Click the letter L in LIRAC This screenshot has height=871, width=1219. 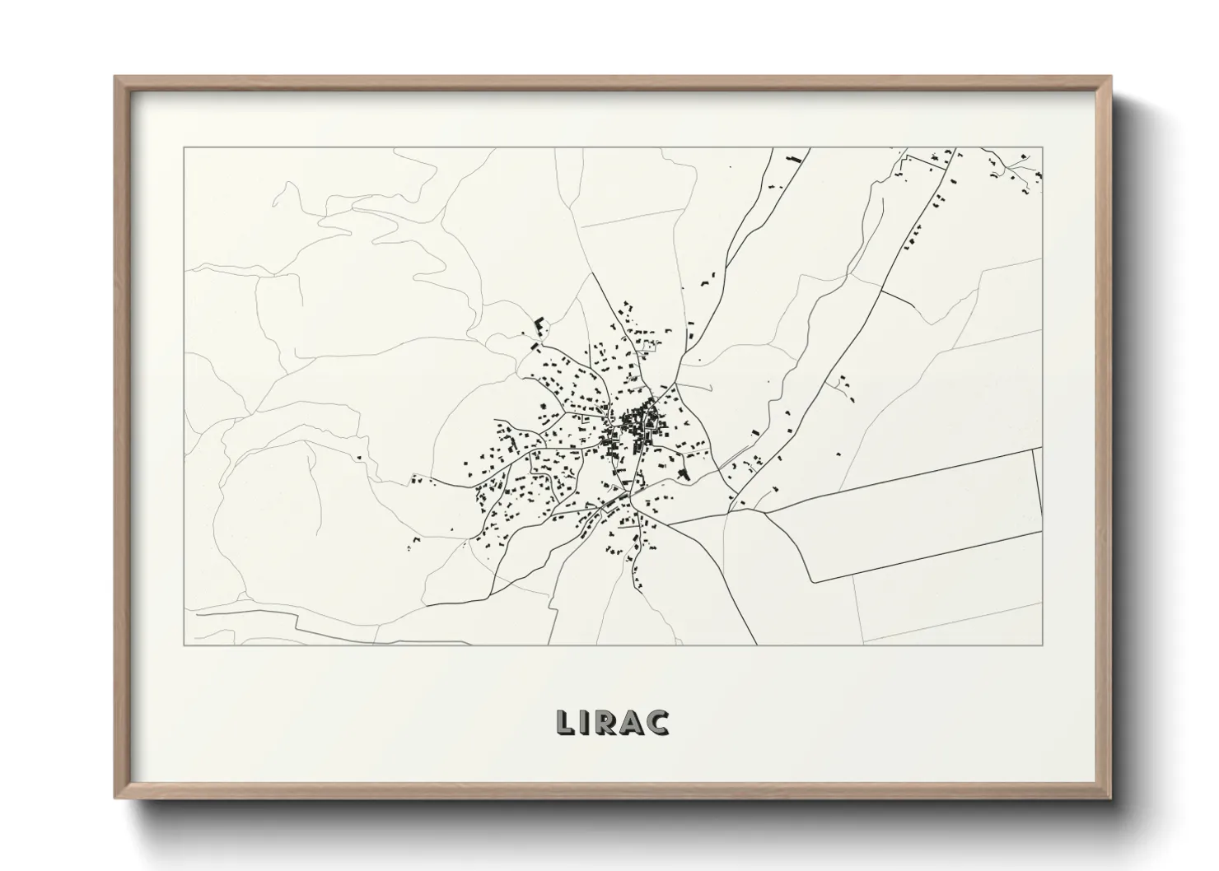(x=567, y=721)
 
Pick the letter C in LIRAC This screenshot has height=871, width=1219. (x=658, y=721)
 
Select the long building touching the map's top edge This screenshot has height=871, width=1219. (x=794, y=156)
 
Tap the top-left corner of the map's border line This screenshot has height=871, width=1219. (x=184, y=148)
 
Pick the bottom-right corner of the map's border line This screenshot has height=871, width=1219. (x=1043, y=645)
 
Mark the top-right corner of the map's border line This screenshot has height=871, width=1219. (x=1043, y=148)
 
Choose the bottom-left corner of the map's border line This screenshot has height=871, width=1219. (x=184, y=645)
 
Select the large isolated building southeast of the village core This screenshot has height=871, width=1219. (x=683, y=473)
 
